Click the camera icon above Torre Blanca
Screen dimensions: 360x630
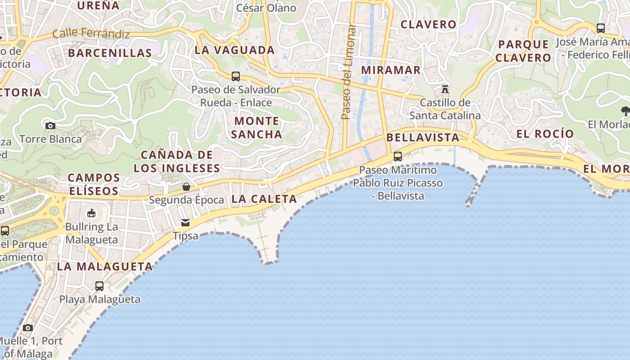[50, 126]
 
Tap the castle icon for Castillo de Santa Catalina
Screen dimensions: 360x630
[445, 89]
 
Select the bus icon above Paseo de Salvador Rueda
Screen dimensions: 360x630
[236, 76]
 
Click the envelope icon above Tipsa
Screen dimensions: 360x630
[185, 222]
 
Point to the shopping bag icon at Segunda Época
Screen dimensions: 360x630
[186, 186]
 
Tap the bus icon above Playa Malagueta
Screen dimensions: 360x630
[99, 286]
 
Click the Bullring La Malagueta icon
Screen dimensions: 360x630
[91, 213]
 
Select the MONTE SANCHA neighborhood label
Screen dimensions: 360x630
[257, 127]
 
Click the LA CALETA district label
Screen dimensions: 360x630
[264, 199]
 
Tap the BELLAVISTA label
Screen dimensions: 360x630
[423, 138]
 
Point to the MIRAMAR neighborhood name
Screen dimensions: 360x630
[391, 70]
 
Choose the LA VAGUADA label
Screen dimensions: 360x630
[234, 50]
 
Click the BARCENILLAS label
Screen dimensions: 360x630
[110, 53]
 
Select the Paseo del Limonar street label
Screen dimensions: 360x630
[347, 72]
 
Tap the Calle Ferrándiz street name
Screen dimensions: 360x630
[91, 34]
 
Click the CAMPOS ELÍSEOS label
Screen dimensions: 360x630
[94, 184]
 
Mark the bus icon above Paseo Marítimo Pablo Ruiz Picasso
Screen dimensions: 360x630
[398, 157]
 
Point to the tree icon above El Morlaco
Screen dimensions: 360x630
[625, 111]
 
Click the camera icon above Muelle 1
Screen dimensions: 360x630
[28, 328]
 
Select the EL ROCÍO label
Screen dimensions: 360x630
[545, 134]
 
